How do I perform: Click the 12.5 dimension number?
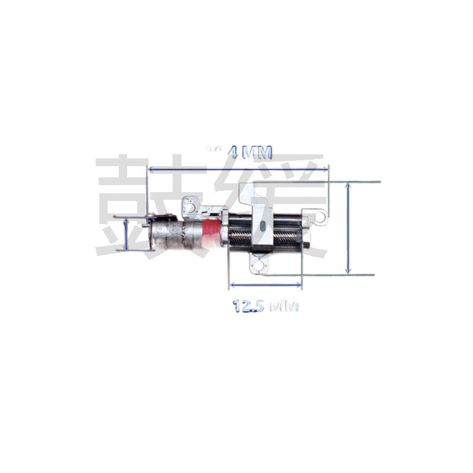248,307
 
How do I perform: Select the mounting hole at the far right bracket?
319,218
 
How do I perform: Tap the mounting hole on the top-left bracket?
192,206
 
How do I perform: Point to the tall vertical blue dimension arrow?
349,228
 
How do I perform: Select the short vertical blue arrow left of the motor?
126,235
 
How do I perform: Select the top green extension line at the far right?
355,181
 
